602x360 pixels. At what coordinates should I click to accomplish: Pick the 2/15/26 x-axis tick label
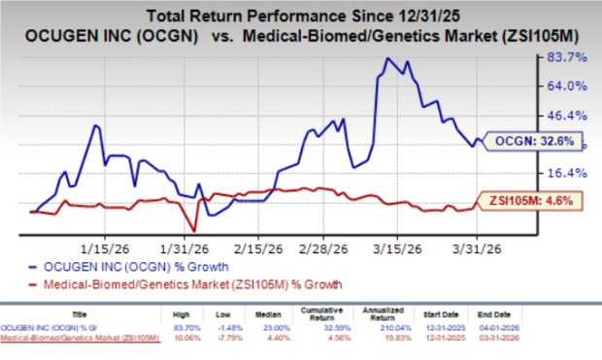[x=254, y=246]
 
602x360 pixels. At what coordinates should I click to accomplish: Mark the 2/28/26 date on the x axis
[x=324, y=246]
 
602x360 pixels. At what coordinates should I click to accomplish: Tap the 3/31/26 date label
[x=482, y=246]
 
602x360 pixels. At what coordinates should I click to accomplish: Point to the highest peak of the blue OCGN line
[x=388, y=58]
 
